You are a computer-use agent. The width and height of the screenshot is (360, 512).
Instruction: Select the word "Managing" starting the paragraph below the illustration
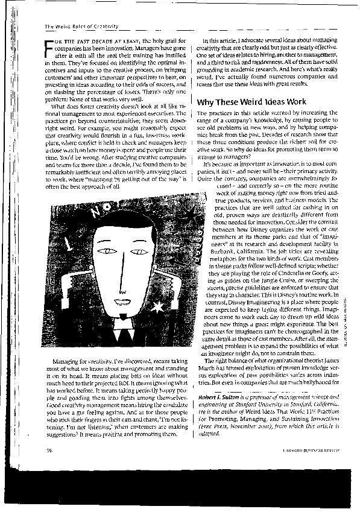(x=58, y=360)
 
